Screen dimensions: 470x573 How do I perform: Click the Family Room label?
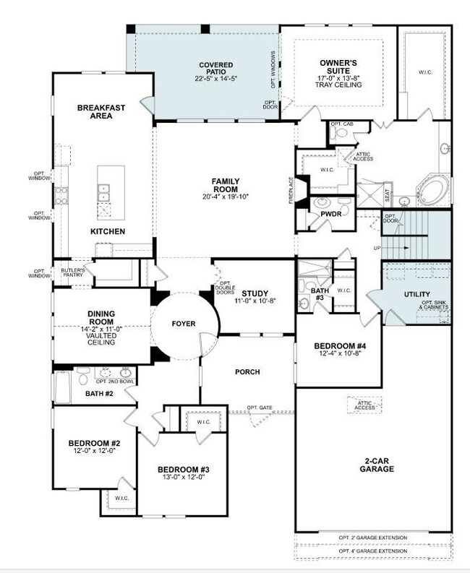pyautogui.click(x=226, y=185)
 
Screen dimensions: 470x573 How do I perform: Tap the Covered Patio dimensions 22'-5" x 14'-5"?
pyautogui.click(x=216, y=79)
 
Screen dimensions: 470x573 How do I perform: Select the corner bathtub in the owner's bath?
pyautogui.click(x=433, y=190)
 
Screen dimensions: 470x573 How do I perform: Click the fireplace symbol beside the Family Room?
pyautogui.click(x=303, y=191)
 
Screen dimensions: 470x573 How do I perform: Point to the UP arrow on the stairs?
pyautogui.click(x=395, y=248)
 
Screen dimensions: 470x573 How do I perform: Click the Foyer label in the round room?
pyautogui.click(x=184, y=324)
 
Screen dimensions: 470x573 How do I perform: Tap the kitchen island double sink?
pyautogui.click(x=103, y=193)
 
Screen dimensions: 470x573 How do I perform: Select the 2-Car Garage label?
pyautogui.click(x=377, y=465)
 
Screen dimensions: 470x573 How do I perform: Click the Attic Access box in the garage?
pyautogui.click(x=364, y=405)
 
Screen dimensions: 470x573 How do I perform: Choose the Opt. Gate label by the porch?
pyautogui.click(x=260, y=408)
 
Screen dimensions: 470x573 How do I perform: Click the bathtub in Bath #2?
pyautogui.click(x=62, y=387)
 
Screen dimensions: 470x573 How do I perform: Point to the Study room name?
pyautogui.click(x=255, y=293)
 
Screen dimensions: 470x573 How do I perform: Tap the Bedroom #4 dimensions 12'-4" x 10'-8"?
pyautogui.click(x=340, y=353)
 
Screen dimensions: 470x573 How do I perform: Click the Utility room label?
pyautogui.click(x=417, y=294)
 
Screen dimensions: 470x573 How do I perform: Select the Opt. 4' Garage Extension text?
pyautogui.click(x=372, y=551)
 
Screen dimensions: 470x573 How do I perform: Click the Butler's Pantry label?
pyautogui.click(x=73, y=272)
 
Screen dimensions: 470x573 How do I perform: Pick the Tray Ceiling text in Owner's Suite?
pyautogui.click(x=338, y=85)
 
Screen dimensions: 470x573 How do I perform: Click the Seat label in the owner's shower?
pyautogui.click(x=387, y=196)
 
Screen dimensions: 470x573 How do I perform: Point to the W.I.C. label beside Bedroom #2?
pyautogui.click(x=121, y=498)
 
